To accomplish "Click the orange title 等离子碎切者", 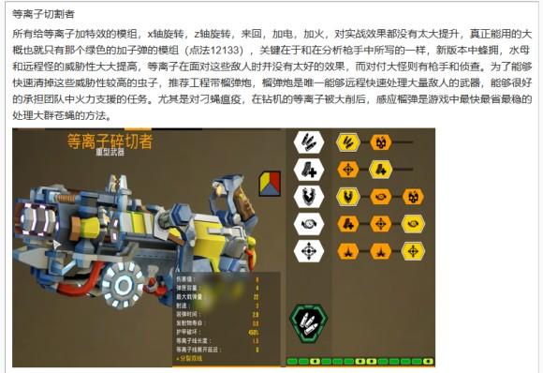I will tap(110, 142).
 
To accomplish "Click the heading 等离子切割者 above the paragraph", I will tap(43, 15).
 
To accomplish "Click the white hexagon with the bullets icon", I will tap(308, 142).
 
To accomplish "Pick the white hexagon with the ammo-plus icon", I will tap(308, 170).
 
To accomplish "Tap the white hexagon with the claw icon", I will tap(308, 197).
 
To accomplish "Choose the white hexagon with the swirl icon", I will tap(308, 224).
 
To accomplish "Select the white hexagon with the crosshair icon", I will tap(308, 251).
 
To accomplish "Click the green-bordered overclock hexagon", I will tap(309, 323).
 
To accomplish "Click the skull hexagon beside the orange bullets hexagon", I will tap(380, 142).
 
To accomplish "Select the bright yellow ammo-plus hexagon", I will tap(381, 170).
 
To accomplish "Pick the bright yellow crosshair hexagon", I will tap(413, 251).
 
